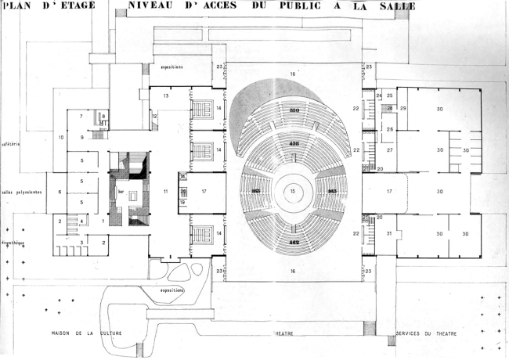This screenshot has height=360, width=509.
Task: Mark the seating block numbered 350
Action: [x=295, y=112]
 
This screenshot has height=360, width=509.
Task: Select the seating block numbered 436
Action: [x=295, y=145]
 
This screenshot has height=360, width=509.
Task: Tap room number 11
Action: [x=165, y=190]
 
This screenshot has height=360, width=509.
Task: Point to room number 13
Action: [x=166, y=95]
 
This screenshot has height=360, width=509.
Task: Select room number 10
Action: [x=60, y=138]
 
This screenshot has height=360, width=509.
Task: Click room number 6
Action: [x=60, y=191]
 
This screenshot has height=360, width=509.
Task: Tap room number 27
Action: [x=388, y=148]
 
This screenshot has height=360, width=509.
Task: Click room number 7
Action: [x=81, y=116]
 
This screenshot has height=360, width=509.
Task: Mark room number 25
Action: [x=389, y=95]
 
